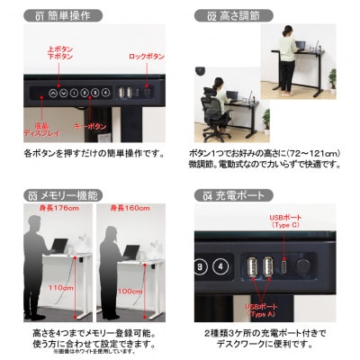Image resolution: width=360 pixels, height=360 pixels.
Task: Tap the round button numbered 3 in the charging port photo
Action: [x=201, y=265]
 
